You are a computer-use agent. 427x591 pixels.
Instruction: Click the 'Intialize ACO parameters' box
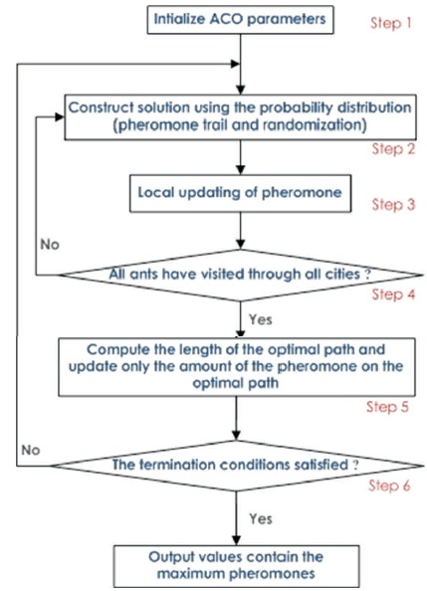pyautogui.click(x=240, y=20)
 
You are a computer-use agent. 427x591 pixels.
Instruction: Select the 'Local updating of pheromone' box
pyautogui.click(x=240, y=193)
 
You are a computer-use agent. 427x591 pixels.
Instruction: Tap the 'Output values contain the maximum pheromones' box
pyautogui.click(x=236, y=566)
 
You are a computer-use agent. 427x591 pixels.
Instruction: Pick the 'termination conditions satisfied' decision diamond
pyautogui.click(x=237, y=466)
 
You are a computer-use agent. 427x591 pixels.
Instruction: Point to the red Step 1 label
pyautogui.click(x=390, y=23)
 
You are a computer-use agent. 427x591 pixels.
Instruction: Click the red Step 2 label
pyautogui.click(x=393, y=149)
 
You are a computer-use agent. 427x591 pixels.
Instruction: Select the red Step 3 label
pyautogui.click(x=393, y=204)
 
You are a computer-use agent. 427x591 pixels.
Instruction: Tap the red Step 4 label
pyautogui.click(x=393, y=294)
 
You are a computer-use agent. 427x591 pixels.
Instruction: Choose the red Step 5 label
pyautogui.click(x=387, y=407)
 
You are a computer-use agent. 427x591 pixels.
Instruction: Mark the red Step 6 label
pyautogui.click(x=389, y=486)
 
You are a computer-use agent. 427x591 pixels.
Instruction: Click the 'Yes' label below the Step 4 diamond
pyautogui.click(x=260, y=319)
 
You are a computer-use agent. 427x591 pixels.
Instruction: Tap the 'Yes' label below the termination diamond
pyautogui.click(x=261, y=518)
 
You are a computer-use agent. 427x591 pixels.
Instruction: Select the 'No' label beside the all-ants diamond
pyautogui.click(x=50, y=245)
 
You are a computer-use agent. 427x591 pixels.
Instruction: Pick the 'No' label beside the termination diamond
pyautogui.click(x=31, y=450)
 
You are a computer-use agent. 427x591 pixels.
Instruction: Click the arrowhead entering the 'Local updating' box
pyautogui.click(x=240, y=169)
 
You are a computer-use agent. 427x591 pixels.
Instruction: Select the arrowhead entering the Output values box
pyautogui.click(x=236, y=540)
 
